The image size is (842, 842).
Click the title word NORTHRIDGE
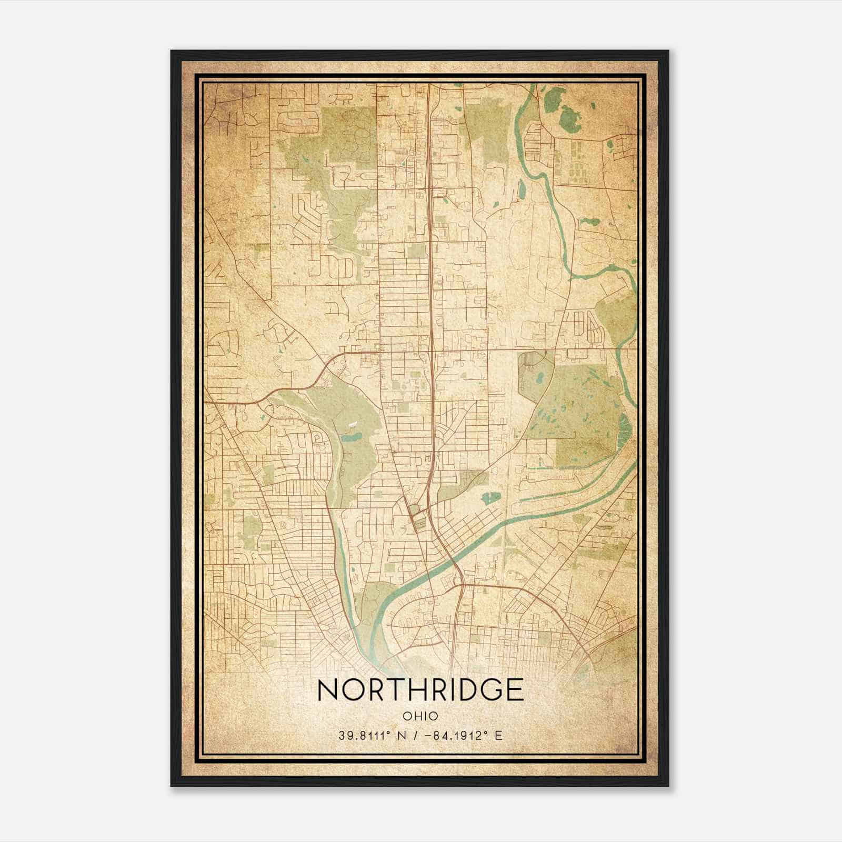pos(420,690)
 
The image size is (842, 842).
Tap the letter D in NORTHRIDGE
pos(467,690)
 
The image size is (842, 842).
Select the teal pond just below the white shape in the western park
pos(349,436)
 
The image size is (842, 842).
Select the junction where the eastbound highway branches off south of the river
pos(462,584)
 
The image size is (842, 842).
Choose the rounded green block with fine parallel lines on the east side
pos(533,370)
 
